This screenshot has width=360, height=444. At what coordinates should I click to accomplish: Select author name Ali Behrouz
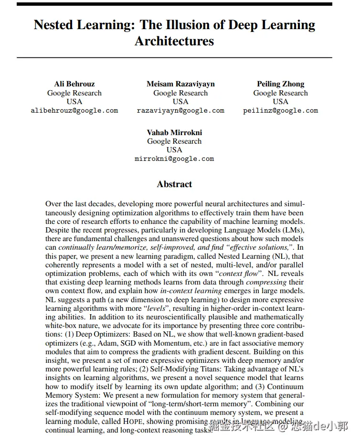(x=74, y=84)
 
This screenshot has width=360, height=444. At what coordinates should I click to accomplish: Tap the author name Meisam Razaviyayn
(x=180, y=84)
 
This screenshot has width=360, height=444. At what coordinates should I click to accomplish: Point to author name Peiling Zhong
(x=280, y=84)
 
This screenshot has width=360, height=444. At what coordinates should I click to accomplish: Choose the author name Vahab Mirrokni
(x=174, y=132)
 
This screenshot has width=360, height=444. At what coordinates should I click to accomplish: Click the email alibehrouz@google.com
(x=74, y=110)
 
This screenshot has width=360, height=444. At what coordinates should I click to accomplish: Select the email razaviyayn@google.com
(x=180, y=110)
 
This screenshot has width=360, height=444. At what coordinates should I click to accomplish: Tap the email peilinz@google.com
(x=280, y=110)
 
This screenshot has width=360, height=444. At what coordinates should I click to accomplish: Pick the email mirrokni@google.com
(x=174, y=159)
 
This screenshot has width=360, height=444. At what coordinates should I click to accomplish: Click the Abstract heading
(x=174, y=184)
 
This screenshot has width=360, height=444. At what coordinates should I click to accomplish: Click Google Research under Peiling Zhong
(x=280, y=93)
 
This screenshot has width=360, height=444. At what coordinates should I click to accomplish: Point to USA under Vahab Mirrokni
(x=174, y=150)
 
